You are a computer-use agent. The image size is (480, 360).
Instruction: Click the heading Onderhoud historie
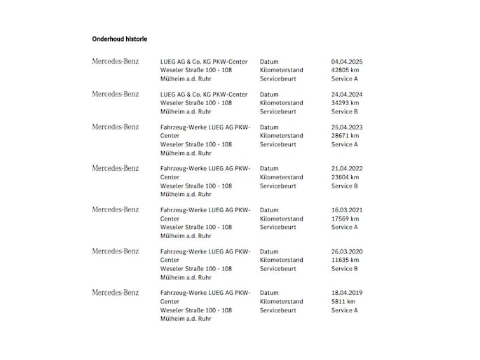point(119,39)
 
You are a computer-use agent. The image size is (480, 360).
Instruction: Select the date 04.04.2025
point(347,62)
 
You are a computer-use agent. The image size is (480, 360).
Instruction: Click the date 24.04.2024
point(347,95)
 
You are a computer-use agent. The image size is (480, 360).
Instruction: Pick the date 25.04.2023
point(347,127)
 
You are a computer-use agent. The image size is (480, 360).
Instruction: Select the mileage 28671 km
point(345,136)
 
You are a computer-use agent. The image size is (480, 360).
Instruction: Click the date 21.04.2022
point(347,169)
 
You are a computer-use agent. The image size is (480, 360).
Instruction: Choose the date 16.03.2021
point(347,210)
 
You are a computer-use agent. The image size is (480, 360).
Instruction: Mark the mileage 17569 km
point(345,219)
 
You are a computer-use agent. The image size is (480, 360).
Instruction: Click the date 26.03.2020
point(347,251)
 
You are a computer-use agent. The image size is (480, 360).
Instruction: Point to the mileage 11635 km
point(345,260)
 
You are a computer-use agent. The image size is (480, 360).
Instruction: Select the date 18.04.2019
point(347,293)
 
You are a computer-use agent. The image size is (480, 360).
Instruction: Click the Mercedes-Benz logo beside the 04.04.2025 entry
point(116,62)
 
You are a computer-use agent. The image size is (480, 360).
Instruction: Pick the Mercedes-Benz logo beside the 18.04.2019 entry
point(116,293)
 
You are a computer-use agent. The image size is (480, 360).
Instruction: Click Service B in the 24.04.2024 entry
point(345,111)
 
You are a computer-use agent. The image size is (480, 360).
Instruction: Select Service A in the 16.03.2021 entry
point(345,227)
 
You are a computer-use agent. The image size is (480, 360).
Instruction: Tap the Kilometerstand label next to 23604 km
point(281,177)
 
